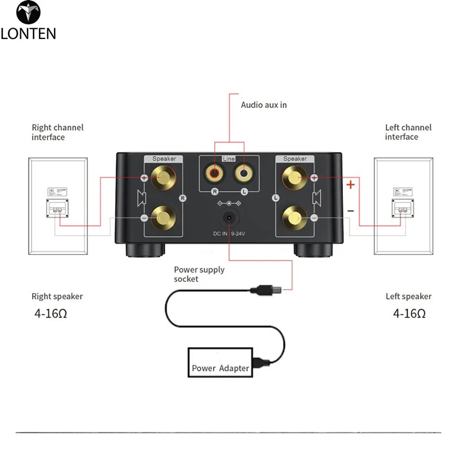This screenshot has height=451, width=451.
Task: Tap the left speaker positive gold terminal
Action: (295, 179)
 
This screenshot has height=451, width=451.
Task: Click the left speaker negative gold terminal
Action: (295, 217)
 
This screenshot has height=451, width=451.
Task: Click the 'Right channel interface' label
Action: (58, 132)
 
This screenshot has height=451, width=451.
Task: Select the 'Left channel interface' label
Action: (408, 132)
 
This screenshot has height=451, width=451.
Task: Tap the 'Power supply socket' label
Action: (199, 274)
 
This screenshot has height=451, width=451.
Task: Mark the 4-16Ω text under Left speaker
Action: (409, 313)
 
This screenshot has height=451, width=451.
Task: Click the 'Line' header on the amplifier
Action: (229, 160)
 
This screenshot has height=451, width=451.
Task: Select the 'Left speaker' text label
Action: (409, 297)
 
